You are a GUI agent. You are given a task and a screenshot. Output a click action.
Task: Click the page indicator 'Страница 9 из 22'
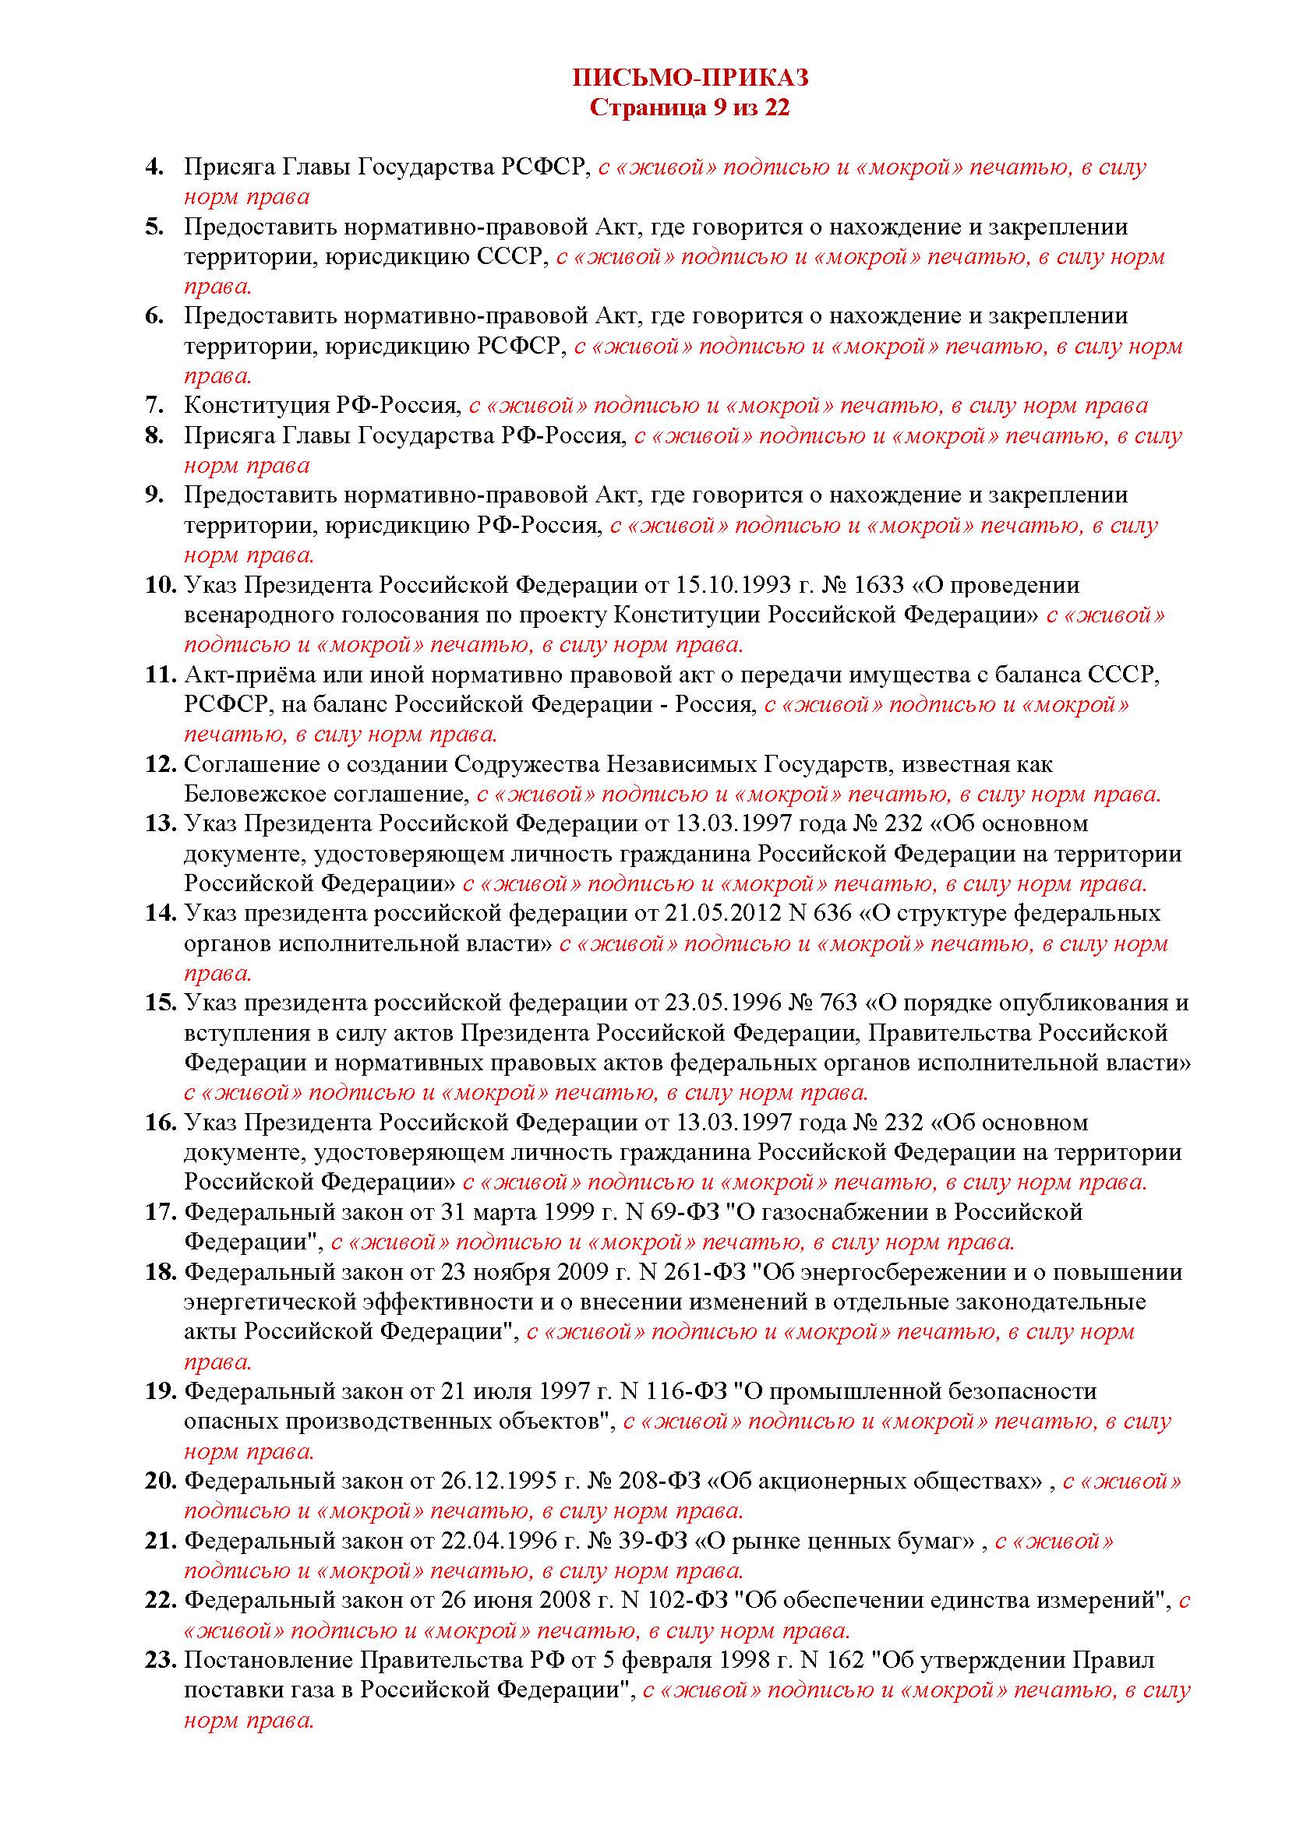click(690, 107)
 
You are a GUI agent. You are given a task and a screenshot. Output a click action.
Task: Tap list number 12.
click(160, 764)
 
